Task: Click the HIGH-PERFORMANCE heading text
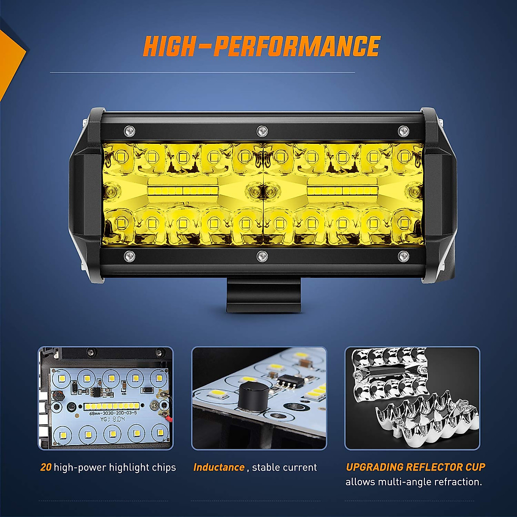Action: click(x=262, y=47)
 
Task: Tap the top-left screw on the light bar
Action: click(x=129, y=130)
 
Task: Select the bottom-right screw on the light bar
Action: click(x=403, y=256)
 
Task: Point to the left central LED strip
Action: click(x=181, y=190)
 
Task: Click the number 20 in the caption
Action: click(x=46, y=467)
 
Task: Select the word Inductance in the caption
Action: click(x=219, y=467)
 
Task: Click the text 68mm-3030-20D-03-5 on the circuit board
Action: click(x=112, y=413)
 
